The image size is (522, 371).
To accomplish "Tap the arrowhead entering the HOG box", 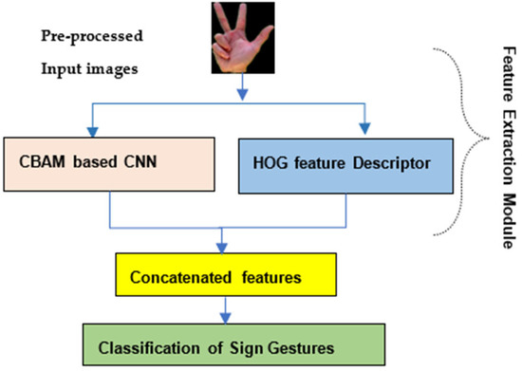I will click(x=364, y=134).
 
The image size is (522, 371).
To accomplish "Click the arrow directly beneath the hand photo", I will click(x=243, y=90).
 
